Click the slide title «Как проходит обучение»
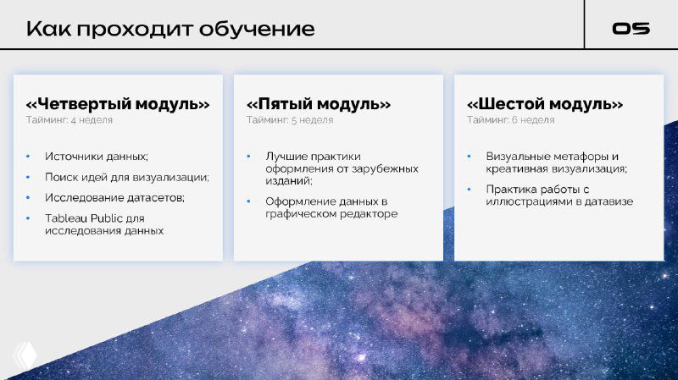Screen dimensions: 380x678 [x=170, y=29]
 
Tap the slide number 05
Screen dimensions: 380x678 [x=631, y=29]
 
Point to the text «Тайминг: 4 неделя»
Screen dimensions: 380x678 [x=69, y=120]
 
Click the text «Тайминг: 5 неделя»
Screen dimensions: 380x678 [x=290, y=120]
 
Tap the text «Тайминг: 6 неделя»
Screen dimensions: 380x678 [x=510, y=120]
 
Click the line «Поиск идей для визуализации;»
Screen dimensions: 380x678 [x=127, y=177]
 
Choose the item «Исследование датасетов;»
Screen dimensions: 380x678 [x=114, y=197]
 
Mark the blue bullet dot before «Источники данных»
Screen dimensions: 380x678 [x=27, y=157]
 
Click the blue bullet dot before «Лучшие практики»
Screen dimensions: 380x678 [x=248, y=157]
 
